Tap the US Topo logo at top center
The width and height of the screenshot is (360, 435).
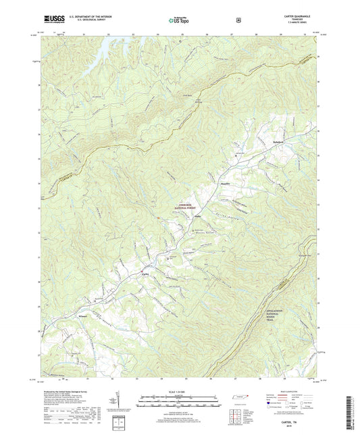pyautogui.click(x=178, y=20)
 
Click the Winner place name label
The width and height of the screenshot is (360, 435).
pyautogui.click(x=83, y=317)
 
